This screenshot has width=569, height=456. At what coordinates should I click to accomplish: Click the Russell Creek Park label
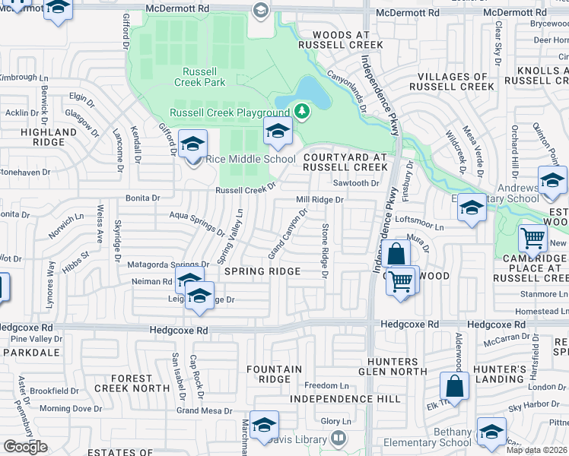tap(199, 76)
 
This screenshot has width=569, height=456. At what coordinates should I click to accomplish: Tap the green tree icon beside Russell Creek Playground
tap(303, 112)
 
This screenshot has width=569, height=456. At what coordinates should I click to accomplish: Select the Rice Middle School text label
tap(250, 159)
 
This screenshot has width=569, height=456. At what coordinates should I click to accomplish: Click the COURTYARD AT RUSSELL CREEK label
tap(345, 161)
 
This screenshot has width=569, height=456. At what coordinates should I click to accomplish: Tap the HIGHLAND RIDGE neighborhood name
tap(49, 137)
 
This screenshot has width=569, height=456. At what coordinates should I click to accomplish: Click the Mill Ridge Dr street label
tap(320, 200)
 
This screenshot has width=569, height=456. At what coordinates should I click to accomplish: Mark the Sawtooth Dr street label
tap(356, 183)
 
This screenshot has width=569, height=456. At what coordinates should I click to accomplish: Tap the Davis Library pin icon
tap(338, 439)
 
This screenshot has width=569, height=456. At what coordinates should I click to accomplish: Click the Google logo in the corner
tap(25, 447)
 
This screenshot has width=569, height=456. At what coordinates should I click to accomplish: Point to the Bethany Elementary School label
tap(441, 437)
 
